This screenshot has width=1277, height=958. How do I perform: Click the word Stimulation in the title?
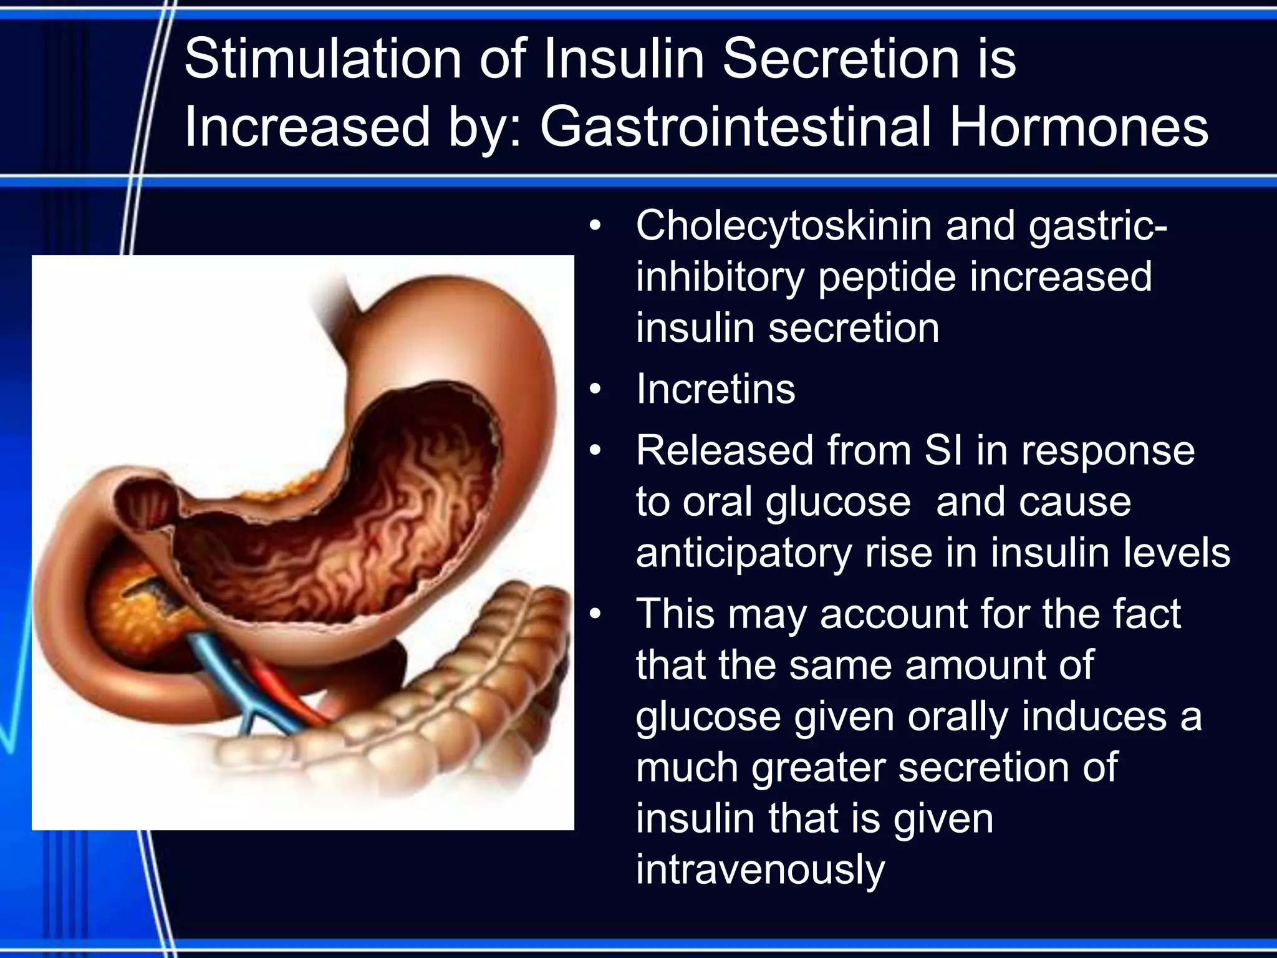pos(322,59)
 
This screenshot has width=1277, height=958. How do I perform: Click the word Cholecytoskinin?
pos(783,226)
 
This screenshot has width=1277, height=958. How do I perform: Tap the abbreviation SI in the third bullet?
pos(943,450)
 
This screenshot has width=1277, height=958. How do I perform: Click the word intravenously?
pos(760,870)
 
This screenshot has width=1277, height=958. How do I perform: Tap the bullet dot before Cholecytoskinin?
pos(595,226)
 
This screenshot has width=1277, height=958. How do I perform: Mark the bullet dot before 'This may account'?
pos(595,615)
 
